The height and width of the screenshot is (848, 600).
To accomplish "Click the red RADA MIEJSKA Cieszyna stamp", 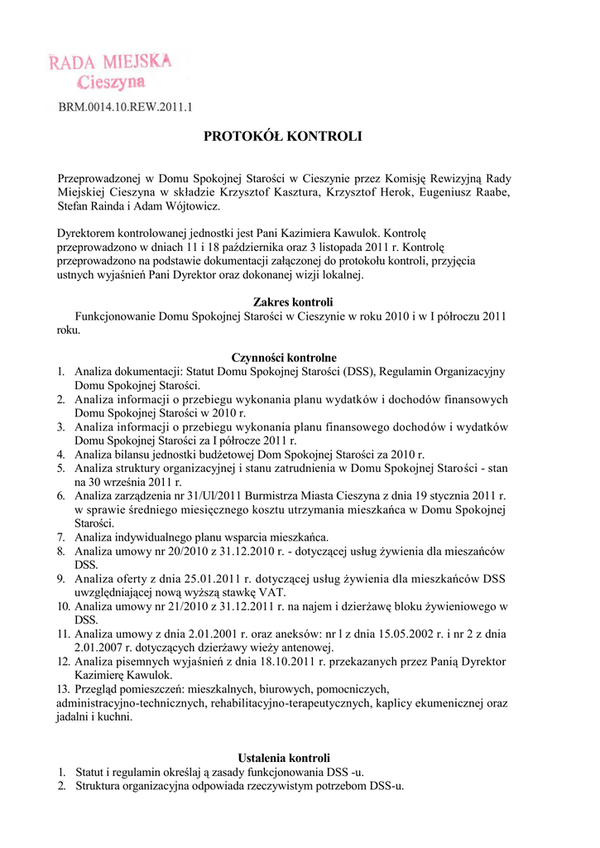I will click(110, 70).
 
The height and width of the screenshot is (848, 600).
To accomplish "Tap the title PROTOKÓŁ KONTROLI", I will click(283, 136).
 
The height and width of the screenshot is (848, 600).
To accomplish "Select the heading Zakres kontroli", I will click(284, 302).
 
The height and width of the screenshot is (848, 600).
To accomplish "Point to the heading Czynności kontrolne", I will click(284, 358).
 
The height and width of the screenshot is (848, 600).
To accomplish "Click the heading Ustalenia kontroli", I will click(284, 758).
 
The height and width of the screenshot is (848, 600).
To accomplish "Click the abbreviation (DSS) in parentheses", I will click(358, 372).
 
